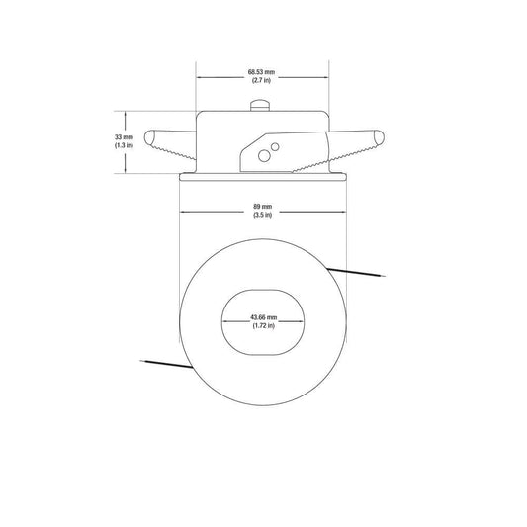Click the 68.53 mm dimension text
(261, 72)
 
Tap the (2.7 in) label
(261, 80)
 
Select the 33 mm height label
(124, 137)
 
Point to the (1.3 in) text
(124, 145)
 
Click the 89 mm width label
(262, 206)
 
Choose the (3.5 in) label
(262, 215)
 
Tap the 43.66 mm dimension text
(263, 317)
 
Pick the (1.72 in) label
(263, 325)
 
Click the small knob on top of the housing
(260, 105)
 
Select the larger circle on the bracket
(264, 156)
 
